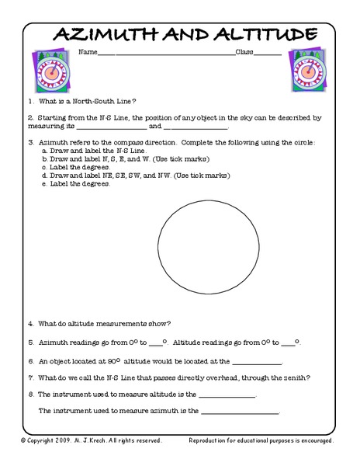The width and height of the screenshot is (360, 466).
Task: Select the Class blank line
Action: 268,54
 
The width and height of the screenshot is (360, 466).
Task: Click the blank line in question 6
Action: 256,363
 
